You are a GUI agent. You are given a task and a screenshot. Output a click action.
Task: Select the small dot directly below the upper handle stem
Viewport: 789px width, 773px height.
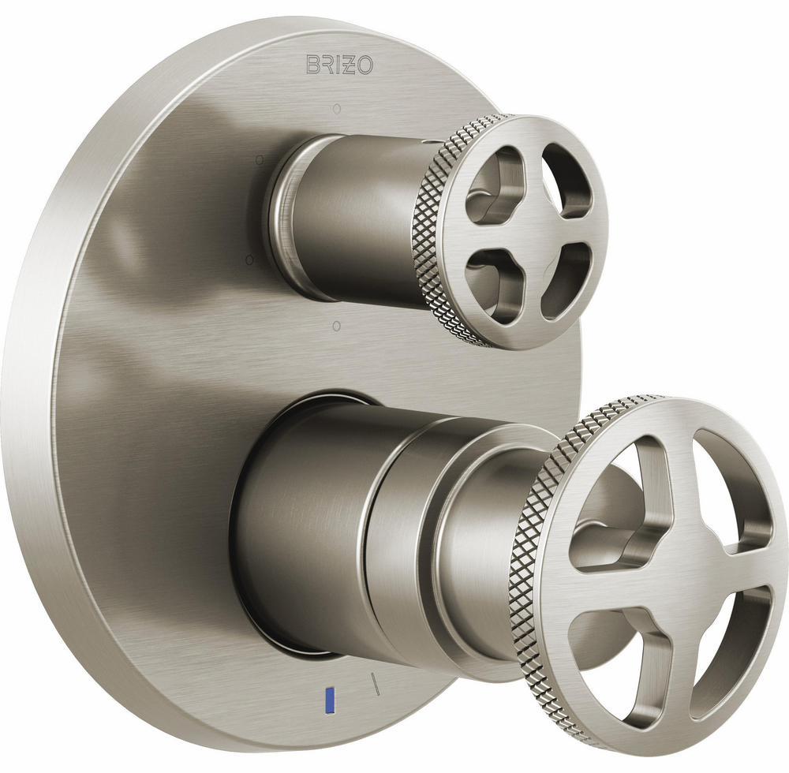coord(336,325)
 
